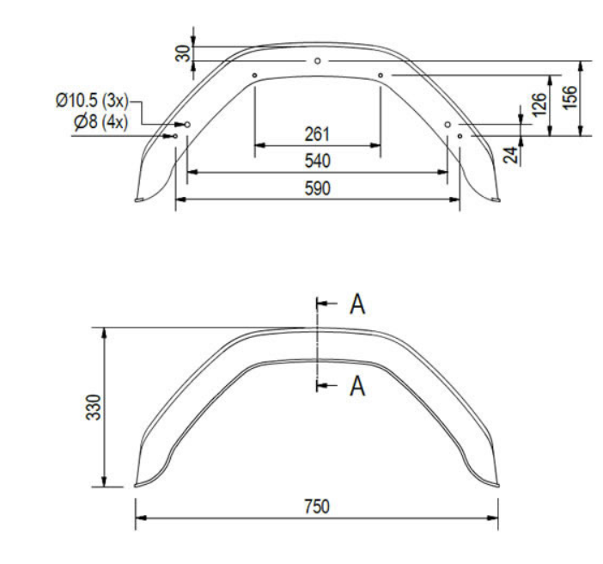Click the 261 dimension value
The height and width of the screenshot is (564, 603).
[318, 135]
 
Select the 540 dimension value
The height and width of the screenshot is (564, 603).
[318, 162]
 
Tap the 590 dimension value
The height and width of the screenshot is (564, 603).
[318, 187]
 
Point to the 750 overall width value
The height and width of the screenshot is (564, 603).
[318, 505]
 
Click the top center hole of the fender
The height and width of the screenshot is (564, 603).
[318, 61]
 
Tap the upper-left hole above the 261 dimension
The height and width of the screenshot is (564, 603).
[255, 76]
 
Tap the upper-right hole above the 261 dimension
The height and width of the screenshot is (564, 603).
[381, 76]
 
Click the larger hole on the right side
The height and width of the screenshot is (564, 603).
[448, 125]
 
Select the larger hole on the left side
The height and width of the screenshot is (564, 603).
[187, 125]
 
